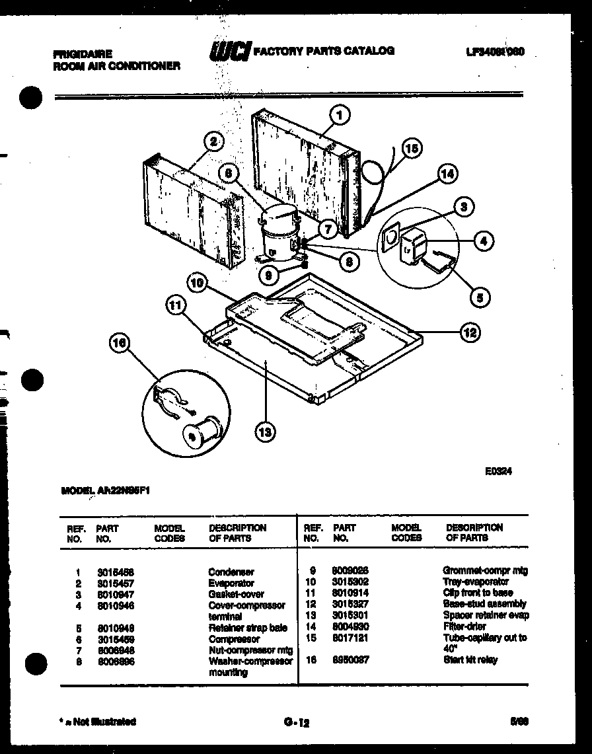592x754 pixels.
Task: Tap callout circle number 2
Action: pyautogui.click(x=213, y=140)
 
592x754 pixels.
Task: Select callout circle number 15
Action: pyautogui.click(x=412, y=149)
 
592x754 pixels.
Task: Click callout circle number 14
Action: pyautogui.click(x=447, y=174)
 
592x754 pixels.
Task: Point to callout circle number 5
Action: pyautogui.click(x=480, y=298)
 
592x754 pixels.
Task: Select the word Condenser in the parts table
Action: pyautogui.click(x=231, y=572)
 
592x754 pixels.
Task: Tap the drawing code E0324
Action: pyautogui.click(x=498, y=471)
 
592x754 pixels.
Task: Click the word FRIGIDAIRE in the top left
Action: pyautogui.click(x=82, y=54)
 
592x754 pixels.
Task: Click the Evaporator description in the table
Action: pyautogui.click(x=231, y=584)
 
